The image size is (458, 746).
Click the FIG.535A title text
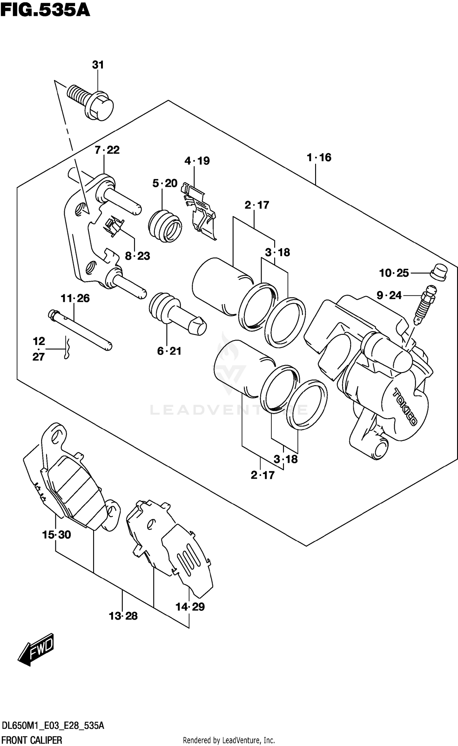[45, 10]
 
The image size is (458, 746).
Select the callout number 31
[98, 65]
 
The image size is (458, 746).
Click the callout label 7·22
[107, 150]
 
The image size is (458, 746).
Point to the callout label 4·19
[197, 161]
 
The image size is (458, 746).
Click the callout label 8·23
[137, 256]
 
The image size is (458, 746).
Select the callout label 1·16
[319, 158]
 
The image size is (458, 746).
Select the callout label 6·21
[169, 351]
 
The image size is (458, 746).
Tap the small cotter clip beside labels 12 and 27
[67, 348]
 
